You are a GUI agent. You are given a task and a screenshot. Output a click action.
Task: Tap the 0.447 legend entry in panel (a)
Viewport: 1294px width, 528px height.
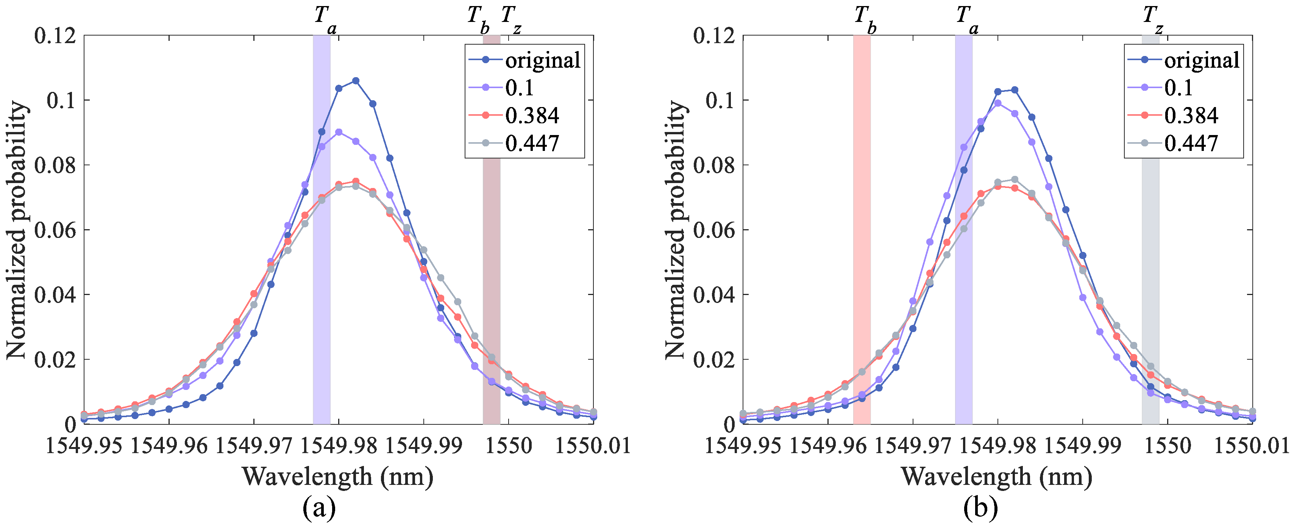531,144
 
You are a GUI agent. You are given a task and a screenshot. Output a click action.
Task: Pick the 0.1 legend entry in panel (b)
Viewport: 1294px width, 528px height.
1178,88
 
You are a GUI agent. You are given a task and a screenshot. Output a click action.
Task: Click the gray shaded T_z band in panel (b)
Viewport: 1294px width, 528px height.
1150,251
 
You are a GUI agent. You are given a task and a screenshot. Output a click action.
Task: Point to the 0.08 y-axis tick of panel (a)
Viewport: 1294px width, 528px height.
55,165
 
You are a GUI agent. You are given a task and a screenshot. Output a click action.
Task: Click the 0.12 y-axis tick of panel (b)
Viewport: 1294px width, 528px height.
714,36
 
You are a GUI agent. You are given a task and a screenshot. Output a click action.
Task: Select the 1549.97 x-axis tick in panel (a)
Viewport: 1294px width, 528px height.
254,446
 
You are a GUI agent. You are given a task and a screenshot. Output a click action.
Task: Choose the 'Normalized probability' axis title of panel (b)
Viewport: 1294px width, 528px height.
675,230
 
